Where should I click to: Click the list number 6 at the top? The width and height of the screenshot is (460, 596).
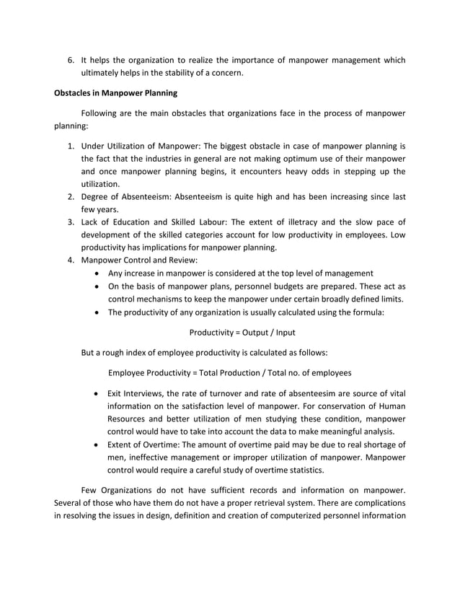pyautogui.click(x=71, y=60)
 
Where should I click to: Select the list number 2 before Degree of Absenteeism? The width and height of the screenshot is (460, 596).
pyautogui.click(x=71, y=196)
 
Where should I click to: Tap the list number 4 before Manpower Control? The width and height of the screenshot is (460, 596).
pyautogui.click(x=71, y=260)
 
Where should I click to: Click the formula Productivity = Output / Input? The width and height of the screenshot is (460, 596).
pyautogui.click(x=242, y=333)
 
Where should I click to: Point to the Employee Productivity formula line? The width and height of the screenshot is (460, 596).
pyautogui.click(x=229, y=373)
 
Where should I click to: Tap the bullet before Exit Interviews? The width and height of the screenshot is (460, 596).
pyautogui.click(x=97, y=393)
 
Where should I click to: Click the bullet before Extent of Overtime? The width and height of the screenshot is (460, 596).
pyautogui.click(x=97, y=444)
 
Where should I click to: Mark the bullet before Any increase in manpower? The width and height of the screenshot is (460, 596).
pyautogui.click(x=97, y=273)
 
